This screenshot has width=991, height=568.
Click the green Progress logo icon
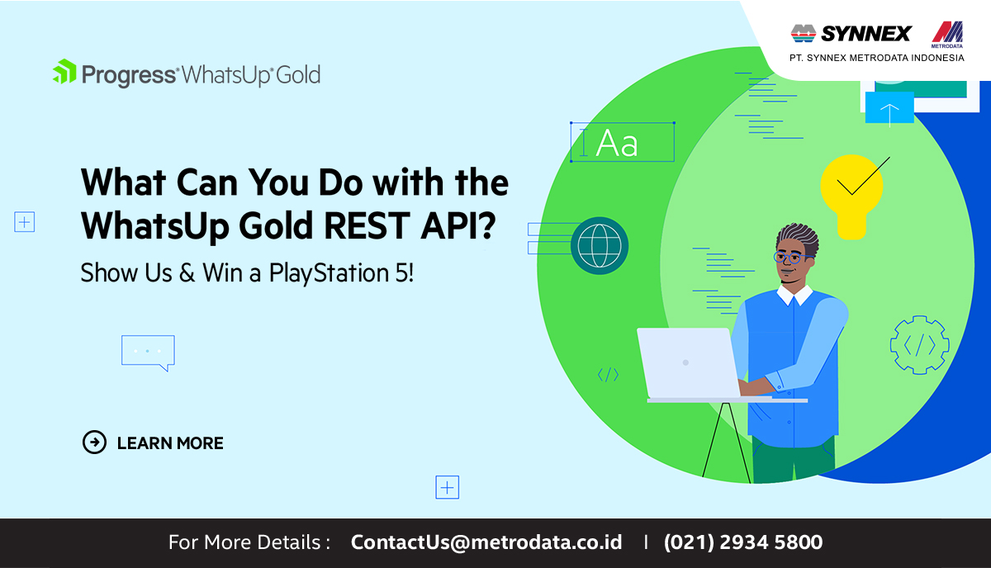pyautogui.click(x=64, y=72)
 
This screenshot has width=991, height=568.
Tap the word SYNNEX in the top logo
pyautogui.click(x=866, y=34)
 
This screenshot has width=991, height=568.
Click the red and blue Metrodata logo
pyautogui.click(x=947, y=34)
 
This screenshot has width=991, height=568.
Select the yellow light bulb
pyautogui.click(x=851, y=196)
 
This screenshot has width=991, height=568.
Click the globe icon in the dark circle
pyautogui.click(x=600, y=245)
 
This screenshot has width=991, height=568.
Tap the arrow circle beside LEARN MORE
pyautogui.click(x=94, y=442)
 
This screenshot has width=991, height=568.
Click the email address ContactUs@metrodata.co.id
pyautogui.click(x=486, y=542)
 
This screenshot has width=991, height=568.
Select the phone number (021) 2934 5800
pyautogui.click(x=742, y=542)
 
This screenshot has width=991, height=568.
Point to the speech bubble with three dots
pyautogui.click(x=148, y=353)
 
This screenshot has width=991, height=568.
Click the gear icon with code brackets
pyautogui.click(x=920, y=345)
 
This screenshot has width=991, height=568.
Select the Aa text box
pyautogui.click(x=623, y=142)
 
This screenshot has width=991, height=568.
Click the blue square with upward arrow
pyautogui.click(x=889, y=107)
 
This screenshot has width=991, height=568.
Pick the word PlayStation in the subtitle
pyautogui.click(x=330, y=273)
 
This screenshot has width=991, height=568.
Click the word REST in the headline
pyautogui.click(x=367, y=225)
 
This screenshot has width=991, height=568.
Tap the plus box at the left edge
pyautogui.click(x=24, y=221)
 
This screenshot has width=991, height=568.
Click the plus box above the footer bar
pyautogui.click(x=448, y=487)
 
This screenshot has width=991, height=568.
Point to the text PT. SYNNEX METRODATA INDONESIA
pyautogui.click(x=877, y=58)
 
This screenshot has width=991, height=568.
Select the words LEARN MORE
pyautogui.click(x=170, y=443)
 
